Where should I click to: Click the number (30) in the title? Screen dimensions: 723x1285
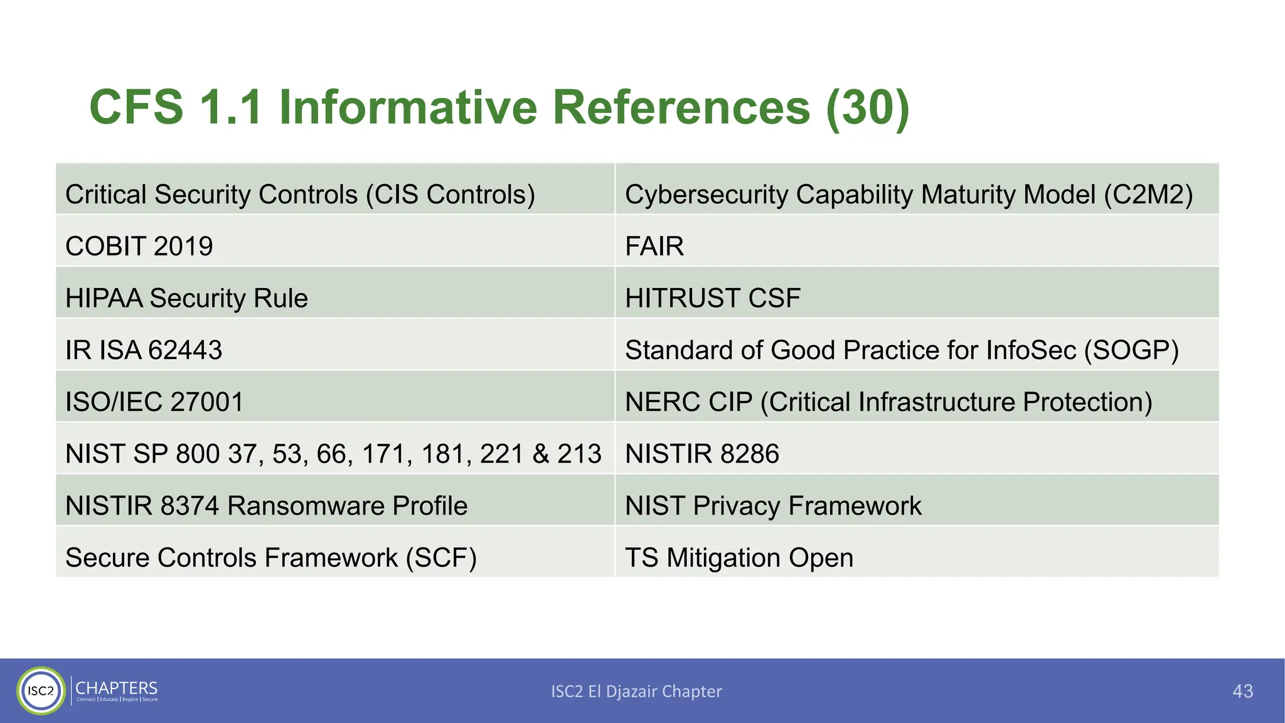[867, 108]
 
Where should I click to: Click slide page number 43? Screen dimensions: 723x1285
[1242, 691]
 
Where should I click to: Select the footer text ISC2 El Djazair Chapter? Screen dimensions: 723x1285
[636, 691]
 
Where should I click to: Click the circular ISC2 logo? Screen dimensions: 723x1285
[41, 691]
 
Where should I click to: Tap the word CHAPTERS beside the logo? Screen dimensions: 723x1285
[116, 688]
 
